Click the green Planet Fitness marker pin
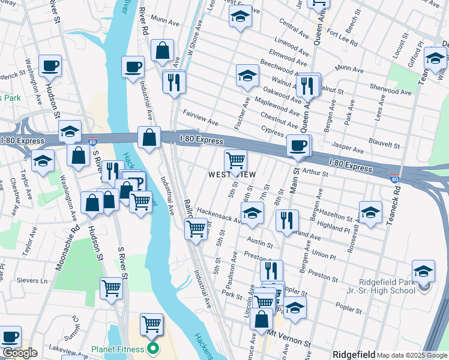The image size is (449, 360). pos(153,349)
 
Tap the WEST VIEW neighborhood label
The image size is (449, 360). pos(232,175)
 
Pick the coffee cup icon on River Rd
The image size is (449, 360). pos(133,67)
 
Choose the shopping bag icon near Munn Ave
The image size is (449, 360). pos(162,50)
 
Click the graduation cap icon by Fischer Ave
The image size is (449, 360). pos(247,76)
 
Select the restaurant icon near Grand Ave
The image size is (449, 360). pos(287,220)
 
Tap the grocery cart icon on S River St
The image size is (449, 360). pos(111,289)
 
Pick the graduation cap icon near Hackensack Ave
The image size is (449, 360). pos(252,212)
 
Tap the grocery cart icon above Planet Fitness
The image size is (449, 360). pos(151,324)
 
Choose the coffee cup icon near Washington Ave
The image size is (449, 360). pos(50,65)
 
